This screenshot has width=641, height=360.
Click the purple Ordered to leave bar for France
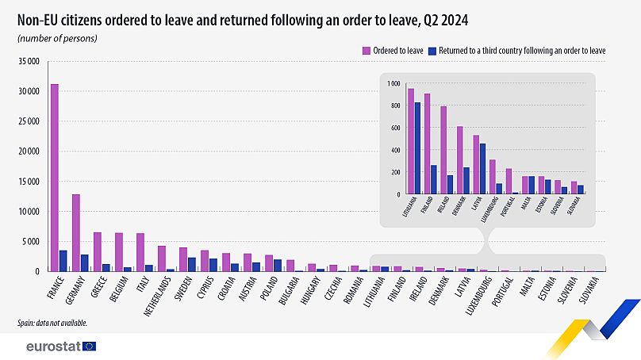coord(54,178)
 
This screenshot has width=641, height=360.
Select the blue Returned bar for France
coord(63,261)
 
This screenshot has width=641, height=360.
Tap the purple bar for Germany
coord(76,232)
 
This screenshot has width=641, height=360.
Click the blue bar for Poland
coord(278,265)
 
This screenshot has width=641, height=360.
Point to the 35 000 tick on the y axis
coord(29,61)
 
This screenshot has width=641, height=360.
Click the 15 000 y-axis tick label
coord(29,182)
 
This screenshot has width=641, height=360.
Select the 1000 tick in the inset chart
coord(394,83)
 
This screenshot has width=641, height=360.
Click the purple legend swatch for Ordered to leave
coord(367,50)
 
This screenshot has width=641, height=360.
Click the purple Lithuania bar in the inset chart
coord(411,141)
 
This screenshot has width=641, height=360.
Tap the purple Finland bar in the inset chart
coord(427,144)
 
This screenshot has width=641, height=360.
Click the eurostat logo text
coord(52,347)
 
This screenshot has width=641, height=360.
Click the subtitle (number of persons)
coord(56,37)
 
